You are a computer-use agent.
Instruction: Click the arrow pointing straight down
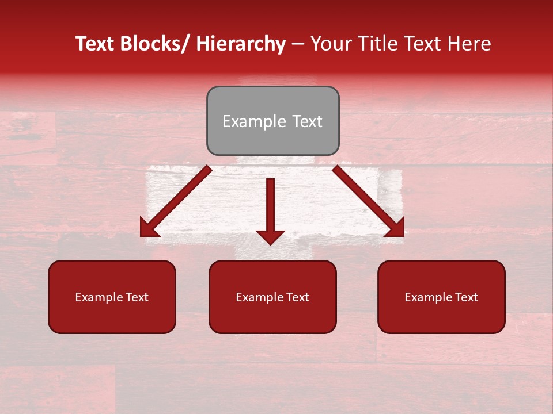point(270,210)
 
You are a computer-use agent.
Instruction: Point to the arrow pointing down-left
point(176,201)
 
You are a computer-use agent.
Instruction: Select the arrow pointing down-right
point(369,201)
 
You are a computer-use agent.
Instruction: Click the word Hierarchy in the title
point(240,44)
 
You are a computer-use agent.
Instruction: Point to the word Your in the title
point(329,44)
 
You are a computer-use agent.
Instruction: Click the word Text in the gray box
point(307,122)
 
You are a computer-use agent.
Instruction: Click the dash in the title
point(298,44)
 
